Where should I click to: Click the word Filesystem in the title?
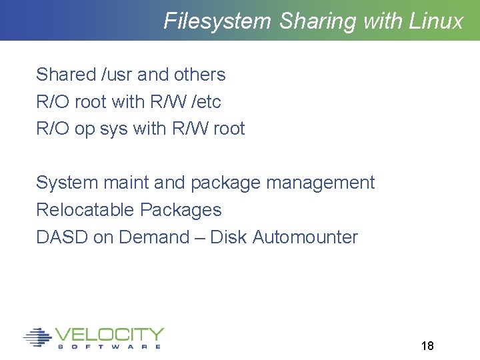[x=217, y=21]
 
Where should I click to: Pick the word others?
[x=200, y=75]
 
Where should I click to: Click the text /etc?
[x=206, y=102]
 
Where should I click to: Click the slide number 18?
[x=427, y=346]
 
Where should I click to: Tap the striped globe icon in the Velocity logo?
[x=37, y=337]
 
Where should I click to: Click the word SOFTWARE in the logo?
[x=109, y=347]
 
